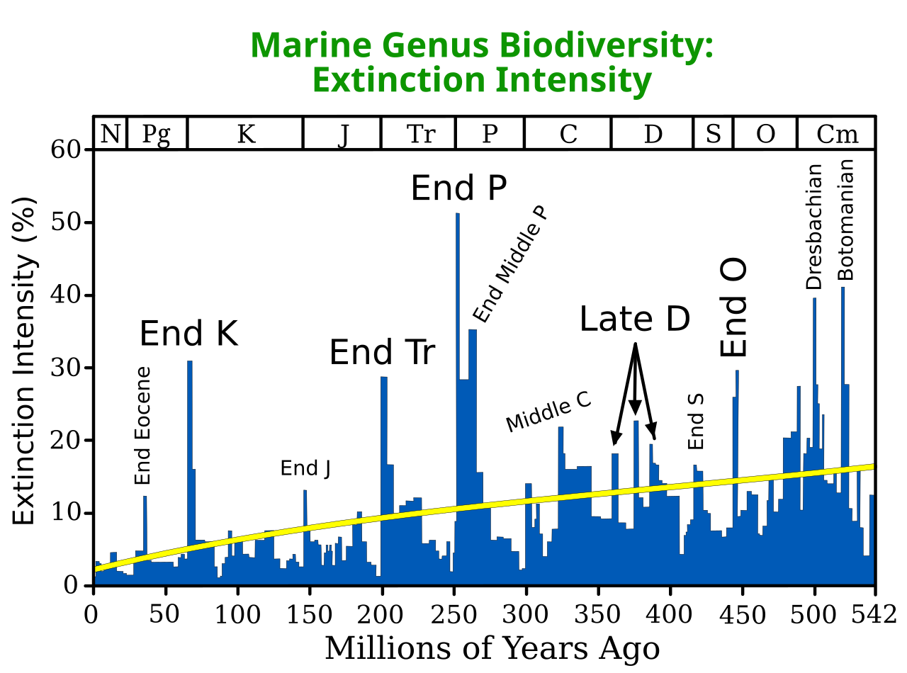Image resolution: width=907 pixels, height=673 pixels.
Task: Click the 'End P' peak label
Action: [458, 188]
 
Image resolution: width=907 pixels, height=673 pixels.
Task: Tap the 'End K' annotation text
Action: [188, 333]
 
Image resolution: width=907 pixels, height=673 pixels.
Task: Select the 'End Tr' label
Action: [382, 351]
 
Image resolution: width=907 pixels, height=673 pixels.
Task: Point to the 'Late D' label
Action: [635, 319]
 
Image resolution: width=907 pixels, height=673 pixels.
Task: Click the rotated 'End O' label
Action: [733, 307]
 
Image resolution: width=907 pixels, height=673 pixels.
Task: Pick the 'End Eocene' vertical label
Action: [142, 425]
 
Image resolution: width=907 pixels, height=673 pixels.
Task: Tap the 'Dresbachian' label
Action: [813, 227]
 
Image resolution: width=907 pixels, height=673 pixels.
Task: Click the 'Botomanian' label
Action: [845, 220]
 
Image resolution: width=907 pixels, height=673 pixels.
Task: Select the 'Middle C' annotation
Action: [548, 412]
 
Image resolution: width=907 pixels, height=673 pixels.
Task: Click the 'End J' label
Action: [305, 468]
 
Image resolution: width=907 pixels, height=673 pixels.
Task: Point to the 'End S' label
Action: [696, 422]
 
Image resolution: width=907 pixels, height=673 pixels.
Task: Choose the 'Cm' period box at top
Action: [836, 134]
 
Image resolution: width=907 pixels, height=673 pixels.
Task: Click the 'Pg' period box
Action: [157, 134]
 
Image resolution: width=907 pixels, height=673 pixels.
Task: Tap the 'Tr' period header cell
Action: [418, 134]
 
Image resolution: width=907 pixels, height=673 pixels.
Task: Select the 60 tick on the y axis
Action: [65, 149]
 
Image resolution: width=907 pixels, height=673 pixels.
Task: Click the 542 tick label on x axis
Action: [873, 614]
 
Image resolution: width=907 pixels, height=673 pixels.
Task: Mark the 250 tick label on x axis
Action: [453, 614]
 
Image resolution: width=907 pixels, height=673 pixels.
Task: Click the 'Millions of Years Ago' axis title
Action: [492, 648]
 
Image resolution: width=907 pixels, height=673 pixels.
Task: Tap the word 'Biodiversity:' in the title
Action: [607, 46]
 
